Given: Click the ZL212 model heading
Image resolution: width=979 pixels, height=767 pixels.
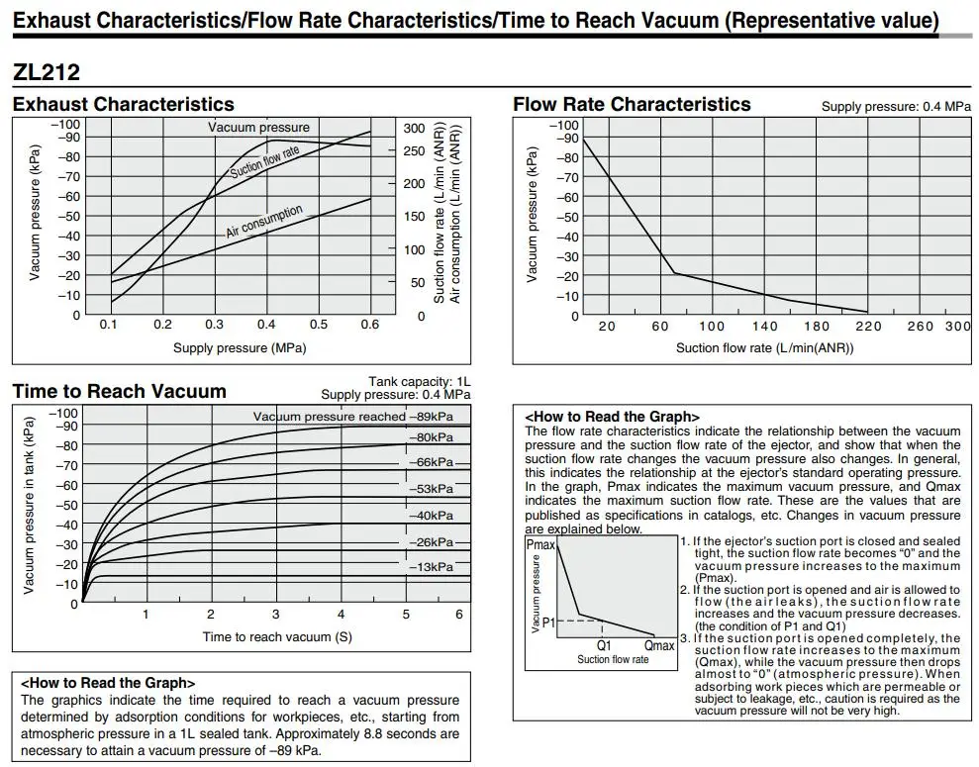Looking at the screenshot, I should tap(47, 72).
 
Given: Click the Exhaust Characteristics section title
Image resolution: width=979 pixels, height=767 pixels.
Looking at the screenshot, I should tap(124, 104).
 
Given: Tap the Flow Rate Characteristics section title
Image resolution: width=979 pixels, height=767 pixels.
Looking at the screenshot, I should tap(632, 104).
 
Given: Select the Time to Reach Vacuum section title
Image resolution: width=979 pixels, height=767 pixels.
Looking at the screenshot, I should tap(119, 391).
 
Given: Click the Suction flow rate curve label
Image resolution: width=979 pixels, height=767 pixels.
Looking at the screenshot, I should tap(264, 161).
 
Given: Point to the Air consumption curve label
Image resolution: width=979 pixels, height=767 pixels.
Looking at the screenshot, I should tap(264, 222).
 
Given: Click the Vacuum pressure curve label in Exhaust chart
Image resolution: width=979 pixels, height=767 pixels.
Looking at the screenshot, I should tap(258, 127).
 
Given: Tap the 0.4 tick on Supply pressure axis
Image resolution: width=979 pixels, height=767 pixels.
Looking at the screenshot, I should tap(266, 325).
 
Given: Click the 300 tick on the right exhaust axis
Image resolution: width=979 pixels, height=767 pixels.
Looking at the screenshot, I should tap(414, 129).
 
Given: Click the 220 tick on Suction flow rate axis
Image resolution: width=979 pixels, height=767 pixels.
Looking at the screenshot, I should tap(868, 327).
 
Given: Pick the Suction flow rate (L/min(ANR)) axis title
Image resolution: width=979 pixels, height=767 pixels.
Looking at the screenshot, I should tap(764, 347).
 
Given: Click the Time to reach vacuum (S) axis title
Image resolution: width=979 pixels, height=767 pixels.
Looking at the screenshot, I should tap(277, 636).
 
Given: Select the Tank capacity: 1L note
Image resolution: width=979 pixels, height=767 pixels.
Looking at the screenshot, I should tap(420, 381).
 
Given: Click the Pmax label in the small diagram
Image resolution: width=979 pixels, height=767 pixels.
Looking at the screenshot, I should tap(540, 545).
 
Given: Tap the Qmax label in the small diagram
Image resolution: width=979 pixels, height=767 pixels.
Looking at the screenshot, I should tap(658, 645).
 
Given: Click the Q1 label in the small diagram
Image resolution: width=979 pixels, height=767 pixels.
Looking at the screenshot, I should tap(603, 645).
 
